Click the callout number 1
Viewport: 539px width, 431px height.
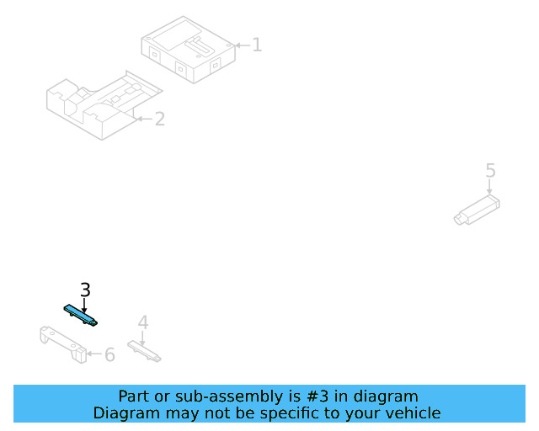coord(257,45)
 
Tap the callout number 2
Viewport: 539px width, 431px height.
coord(160,119)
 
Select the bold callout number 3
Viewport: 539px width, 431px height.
coord(85,290)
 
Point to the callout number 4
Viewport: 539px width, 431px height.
coord(143,322)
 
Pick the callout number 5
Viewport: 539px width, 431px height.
coord(490,171)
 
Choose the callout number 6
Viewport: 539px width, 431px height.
coord(109,354)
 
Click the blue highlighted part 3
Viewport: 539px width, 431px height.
coord(81,315)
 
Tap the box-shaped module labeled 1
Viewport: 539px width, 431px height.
coord(189,50)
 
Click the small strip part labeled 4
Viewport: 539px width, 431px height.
coord(144,351)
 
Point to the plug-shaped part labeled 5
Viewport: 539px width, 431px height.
coord(477,210)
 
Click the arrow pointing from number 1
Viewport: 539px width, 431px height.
coord(243,45)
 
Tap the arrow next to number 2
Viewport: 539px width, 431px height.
coord(145,119)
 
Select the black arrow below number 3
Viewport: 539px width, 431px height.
coord(84,306)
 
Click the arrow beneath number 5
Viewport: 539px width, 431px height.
coord(489,187)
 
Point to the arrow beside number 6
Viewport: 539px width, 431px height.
coord(94,354)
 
